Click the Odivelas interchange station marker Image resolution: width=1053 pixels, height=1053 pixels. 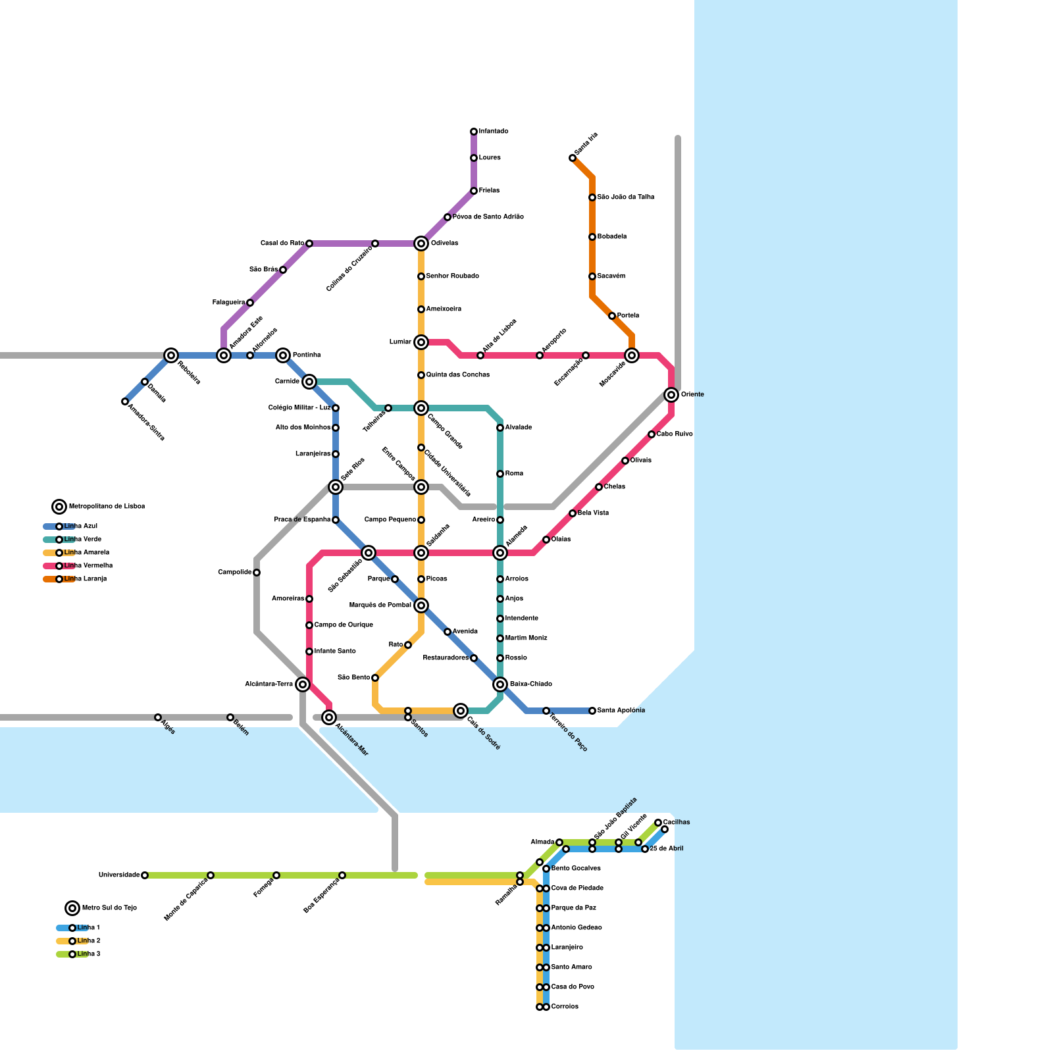click(x=421, y=244)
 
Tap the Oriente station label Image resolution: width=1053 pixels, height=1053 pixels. click(x=692, y=395)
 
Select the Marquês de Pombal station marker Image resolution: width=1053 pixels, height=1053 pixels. click(x=421, y=605)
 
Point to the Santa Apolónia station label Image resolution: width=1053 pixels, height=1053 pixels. click(x=621, y=711)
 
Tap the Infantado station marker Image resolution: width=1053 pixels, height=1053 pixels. click(x=474, y=132)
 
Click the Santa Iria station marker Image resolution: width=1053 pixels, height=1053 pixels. click(x=573, y=158)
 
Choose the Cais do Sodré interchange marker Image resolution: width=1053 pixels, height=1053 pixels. click(x=461, y=711)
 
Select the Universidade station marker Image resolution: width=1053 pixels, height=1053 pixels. click(x=145, y=875)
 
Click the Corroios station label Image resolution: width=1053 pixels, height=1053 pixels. click(x=565, y=1007)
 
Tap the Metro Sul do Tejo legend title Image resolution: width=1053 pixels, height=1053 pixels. click(x=109, y=908)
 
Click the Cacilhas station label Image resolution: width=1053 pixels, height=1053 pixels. click(x=677, y=822)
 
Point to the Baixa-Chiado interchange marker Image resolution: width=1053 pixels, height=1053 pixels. click(x=500, y=684)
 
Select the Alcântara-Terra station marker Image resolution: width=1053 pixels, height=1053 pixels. click(x=303, y=684)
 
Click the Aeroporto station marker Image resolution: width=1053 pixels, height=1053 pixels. click(x=540, y=355)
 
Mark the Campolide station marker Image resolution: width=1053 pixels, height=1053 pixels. click(x=257, y=573)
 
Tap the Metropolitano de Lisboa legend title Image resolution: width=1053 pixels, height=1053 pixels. click(x=107, y=507)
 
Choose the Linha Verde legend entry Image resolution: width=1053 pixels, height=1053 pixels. click(x=82, y=540)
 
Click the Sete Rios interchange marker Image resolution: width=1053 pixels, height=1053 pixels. click(x=336, y=487)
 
